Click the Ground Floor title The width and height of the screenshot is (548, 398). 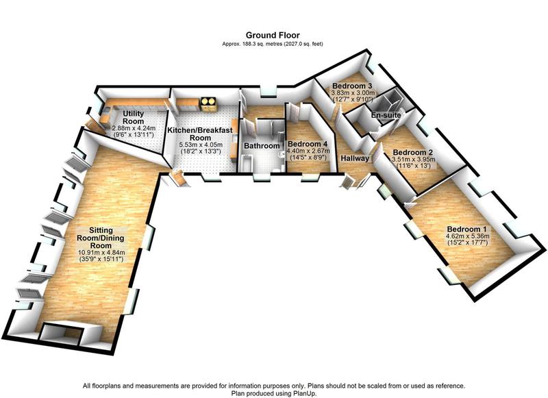(273, 35)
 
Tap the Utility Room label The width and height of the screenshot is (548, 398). (133, 117)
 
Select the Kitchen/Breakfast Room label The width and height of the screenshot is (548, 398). (200, 134)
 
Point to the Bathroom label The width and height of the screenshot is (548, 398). (262, 146)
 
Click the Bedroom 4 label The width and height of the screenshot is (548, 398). (308, 144)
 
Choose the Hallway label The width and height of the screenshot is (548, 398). (355, 158)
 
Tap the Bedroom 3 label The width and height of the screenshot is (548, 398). (352, 86)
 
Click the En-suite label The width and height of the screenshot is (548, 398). (386, 115)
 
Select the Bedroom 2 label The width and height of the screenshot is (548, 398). (413, 152)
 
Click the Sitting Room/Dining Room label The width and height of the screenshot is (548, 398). (101, 238)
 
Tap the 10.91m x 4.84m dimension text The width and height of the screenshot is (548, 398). (101, 252)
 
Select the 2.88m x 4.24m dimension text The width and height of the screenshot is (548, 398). (133, 128)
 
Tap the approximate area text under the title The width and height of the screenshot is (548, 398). (273, 44)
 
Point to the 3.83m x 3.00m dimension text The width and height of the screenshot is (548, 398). (353, 93)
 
